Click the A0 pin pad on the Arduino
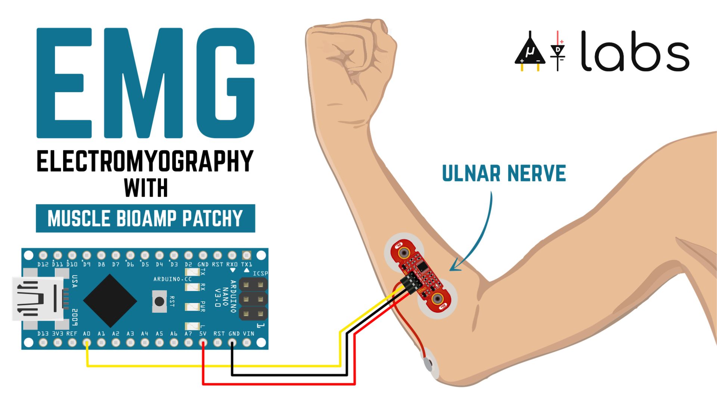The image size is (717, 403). point(87,342)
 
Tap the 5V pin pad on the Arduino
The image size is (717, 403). point(203,342)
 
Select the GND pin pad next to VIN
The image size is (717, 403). point(232,342)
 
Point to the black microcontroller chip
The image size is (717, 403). point(110,300)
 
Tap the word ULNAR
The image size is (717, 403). point(471,174)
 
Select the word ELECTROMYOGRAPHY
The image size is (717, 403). point(145,161)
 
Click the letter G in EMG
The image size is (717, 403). point(226,83)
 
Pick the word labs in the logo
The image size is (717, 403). point(635,52)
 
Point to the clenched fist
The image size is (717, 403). point(351,56)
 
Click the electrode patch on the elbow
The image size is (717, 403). point(429,364)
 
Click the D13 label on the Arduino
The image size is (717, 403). point(43,334)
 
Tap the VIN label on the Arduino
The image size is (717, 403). point(248,334)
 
